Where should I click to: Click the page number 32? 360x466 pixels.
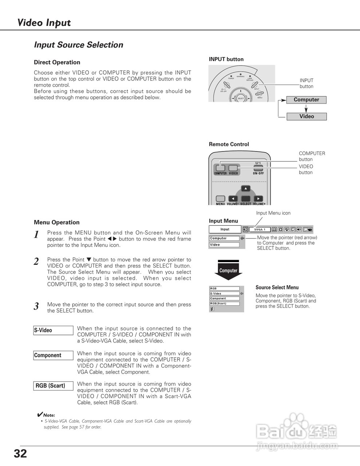pyautogui.click(x=20, y=454)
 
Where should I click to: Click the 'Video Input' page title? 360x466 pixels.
pyautogui.click(x=44, y=23)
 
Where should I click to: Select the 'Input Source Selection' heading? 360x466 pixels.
pyautogui.click(x=78, y=45)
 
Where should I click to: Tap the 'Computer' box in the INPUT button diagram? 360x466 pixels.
pyautogui.click(x=306, y=100)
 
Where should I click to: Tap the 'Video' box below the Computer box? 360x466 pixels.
pyautogui.click(x=306, y=116)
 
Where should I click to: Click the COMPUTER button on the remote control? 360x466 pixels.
pyautogui.click(x=220, y=168)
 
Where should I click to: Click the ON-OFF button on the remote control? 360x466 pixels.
pyautogui.click(x=258, y=168)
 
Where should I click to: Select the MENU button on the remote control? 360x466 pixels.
pyautogui.click(x=221, y=199)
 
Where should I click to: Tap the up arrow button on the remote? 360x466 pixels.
pyautogui.click(x=246, y=189)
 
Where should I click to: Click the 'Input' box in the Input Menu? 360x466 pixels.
pyautogui.click(x=225, y=229)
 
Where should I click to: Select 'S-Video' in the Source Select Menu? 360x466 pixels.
pyautogui.click(x=224, y=293)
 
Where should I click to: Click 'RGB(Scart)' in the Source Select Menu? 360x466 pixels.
pyautogui.click(x=224, y=304)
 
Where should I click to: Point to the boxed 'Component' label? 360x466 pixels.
pyautogui.click(x=53, y=355)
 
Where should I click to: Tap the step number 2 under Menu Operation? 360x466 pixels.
pyautogui.click(x=36, y=261)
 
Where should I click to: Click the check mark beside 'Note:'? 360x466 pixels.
pyautogui.click(x=40, y=415)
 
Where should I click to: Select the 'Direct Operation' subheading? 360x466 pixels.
pyautogui.click(x=57, y=62)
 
